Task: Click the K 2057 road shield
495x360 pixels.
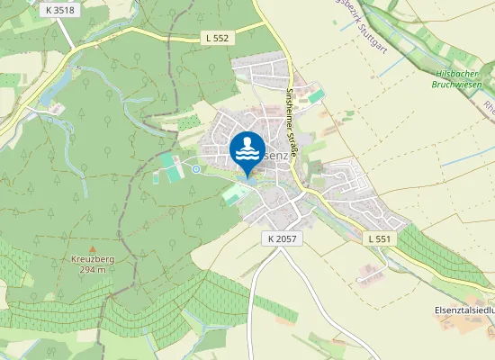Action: pyautogui.click(x=282, y=238)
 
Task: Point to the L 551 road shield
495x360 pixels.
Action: pyautogui.click(x=380, y=238)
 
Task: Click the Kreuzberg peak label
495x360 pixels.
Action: pyautogui.click(x=93, y=258)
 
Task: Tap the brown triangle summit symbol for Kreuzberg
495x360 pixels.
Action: pyautogui.click(x=93, y=246)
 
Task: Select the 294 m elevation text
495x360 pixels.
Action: pyautogui.click(x=93, y=269)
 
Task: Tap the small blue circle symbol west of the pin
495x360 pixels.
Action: pyautogui.click(x=196, y=168)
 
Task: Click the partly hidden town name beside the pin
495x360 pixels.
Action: pyautogui.click(x=277, y=155)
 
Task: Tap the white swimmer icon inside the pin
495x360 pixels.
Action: pyautogui.click(x=247, y=148)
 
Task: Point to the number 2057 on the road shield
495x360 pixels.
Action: pyautogui.click(x=286, y=238)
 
